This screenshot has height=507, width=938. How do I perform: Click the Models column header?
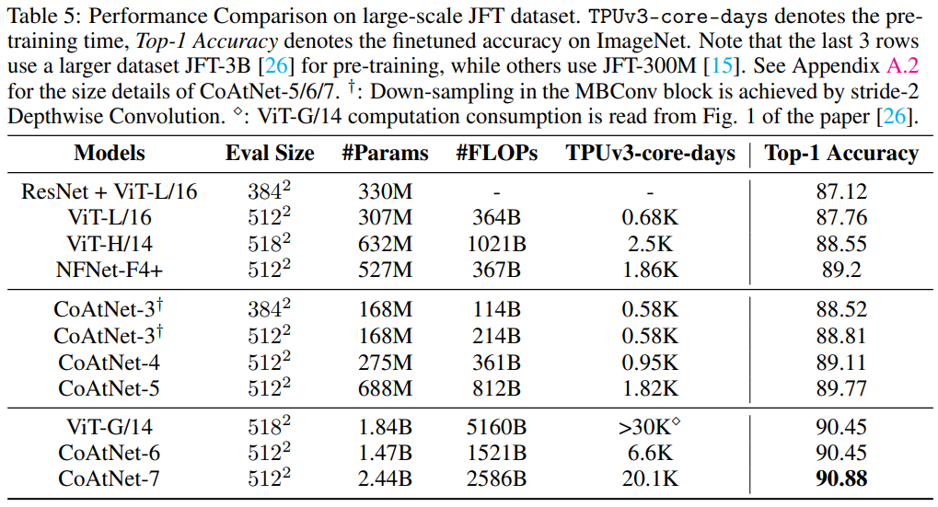110,153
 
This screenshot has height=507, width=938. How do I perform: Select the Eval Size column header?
270,153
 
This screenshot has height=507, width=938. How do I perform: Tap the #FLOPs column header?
496,153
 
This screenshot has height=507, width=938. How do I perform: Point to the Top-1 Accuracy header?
841,153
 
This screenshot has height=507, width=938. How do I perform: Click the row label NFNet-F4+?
110,270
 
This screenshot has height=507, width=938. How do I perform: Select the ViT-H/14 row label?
110,244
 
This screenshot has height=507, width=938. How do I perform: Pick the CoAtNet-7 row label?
110,478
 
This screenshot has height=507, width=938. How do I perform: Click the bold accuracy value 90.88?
841,478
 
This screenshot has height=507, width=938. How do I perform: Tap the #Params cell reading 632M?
386,244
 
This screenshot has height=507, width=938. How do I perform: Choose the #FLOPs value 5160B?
496,427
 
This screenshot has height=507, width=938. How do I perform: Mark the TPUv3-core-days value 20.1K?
650,478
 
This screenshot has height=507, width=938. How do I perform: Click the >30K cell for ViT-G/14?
650,426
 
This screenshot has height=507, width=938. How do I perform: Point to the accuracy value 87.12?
841,191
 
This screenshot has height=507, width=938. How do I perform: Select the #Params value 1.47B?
386,453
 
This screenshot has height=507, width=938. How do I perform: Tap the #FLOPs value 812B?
496,388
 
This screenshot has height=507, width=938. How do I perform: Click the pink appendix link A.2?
902,65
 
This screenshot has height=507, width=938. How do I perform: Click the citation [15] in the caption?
722,65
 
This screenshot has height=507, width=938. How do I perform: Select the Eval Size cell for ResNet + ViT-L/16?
270,190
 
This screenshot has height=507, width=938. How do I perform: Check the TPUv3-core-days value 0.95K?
650,363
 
